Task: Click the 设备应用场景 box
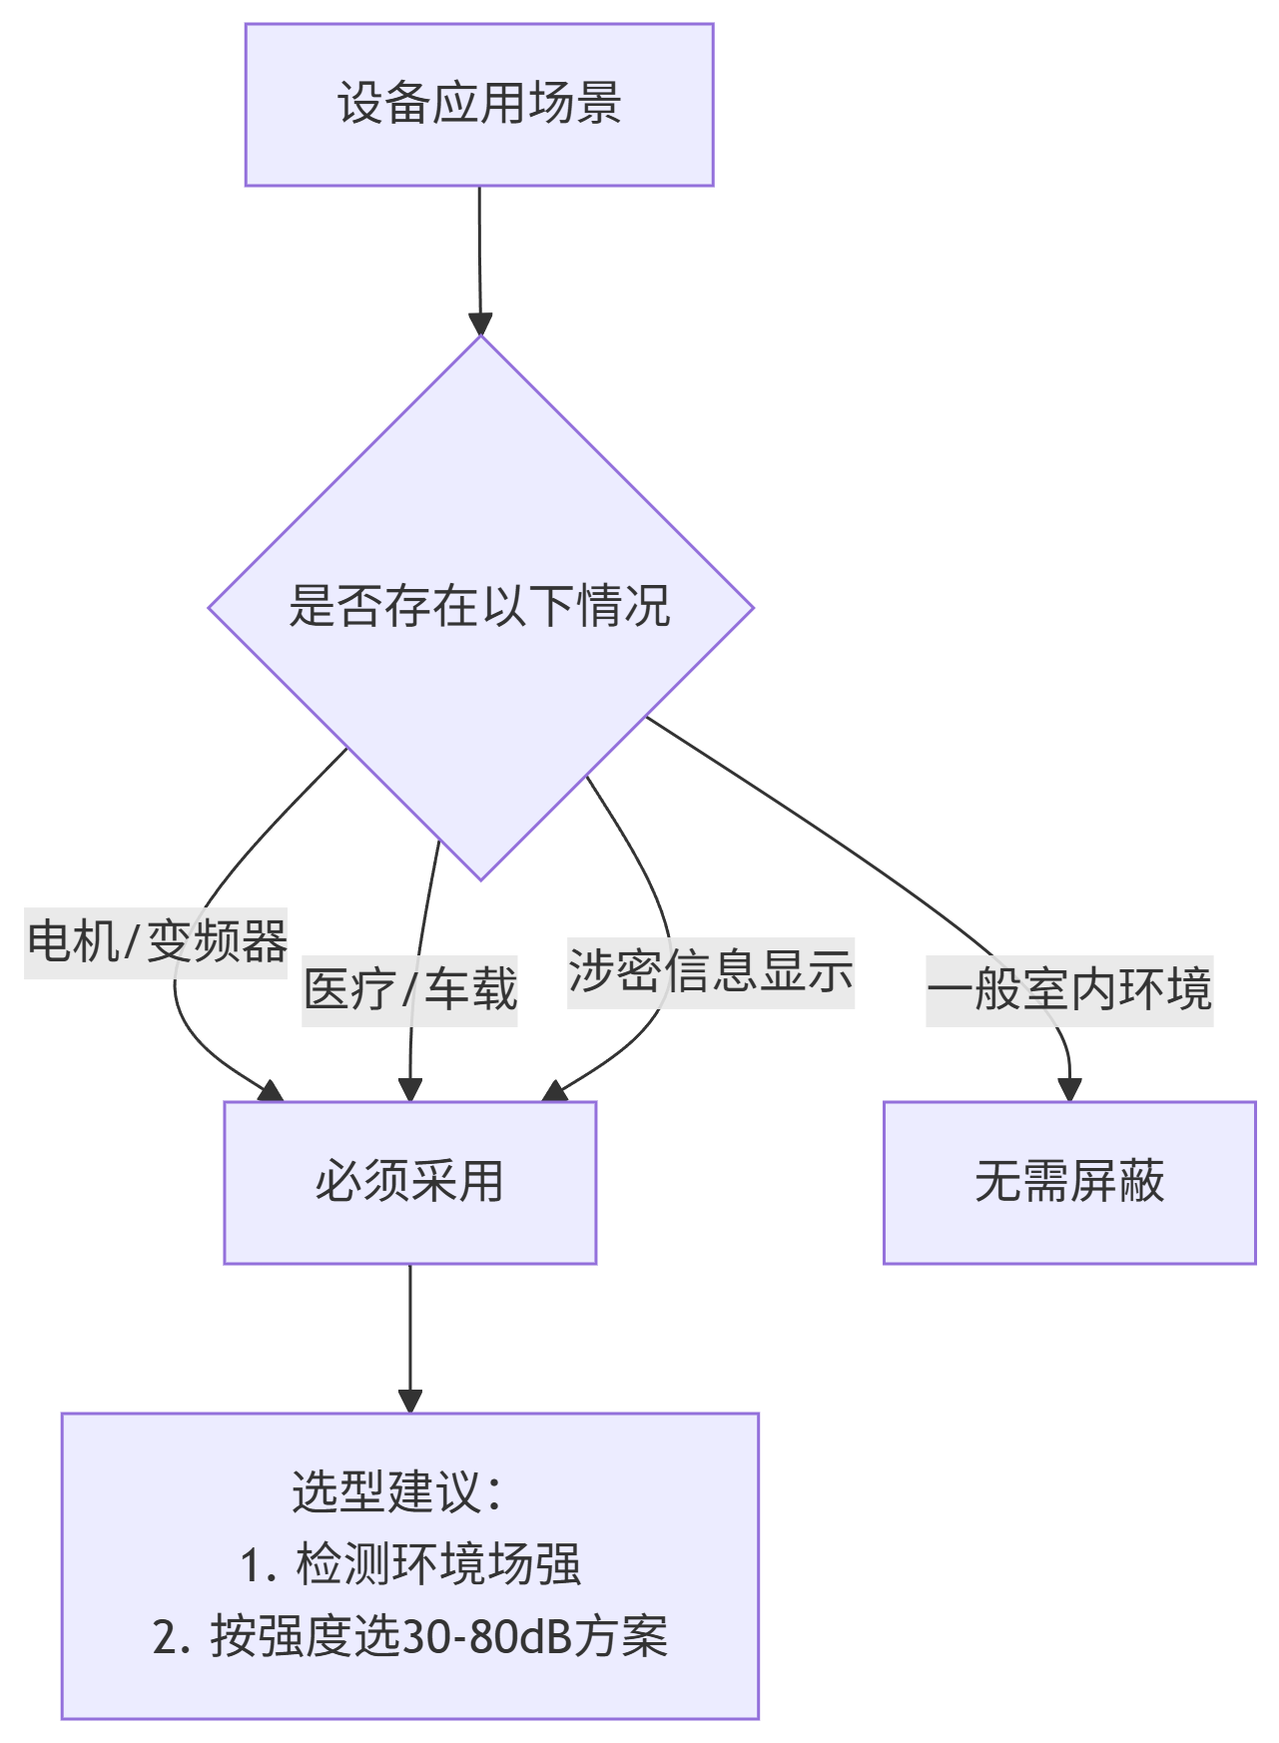point(478,105)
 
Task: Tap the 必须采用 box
point(409,1182)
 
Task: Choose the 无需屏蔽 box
point(1069,1182)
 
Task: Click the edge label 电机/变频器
point(157,942)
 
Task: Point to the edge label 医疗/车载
point(410,990)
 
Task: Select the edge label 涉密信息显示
point(711,971)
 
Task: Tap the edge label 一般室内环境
point(1069,990)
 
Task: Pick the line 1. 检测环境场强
point(410,1564)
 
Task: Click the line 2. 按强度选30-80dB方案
point(410,1637)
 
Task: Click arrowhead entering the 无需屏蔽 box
point(1070,1089)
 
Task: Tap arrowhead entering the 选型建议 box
point(410,1400)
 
